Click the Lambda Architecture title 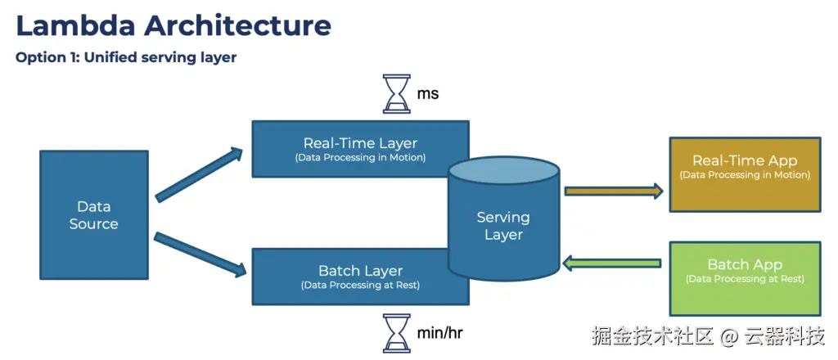click(173, 25)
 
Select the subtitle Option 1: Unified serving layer click(126, 58)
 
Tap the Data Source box click(93, 214)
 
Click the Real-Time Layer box click(360, 148)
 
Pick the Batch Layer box click(360, 277)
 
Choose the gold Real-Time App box click(745, 174)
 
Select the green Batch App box click(745, 278)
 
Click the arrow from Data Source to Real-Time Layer click(199, 174)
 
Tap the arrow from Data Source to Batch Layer click(200, 254)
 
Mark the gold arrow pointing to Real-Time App click(614, 191)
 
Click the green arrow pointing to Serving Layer click(612, 263)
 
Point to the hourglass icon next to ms click(397, 93)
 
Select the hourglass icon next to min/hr click(397, 333)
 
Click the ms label click(427, 94)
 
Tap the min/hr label click(439, 334)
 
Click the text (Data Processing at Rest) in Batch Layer click(360, 286)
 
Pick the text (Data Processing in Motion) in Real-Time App click(745, 174)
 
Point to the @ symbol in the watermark click(730, 336)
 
